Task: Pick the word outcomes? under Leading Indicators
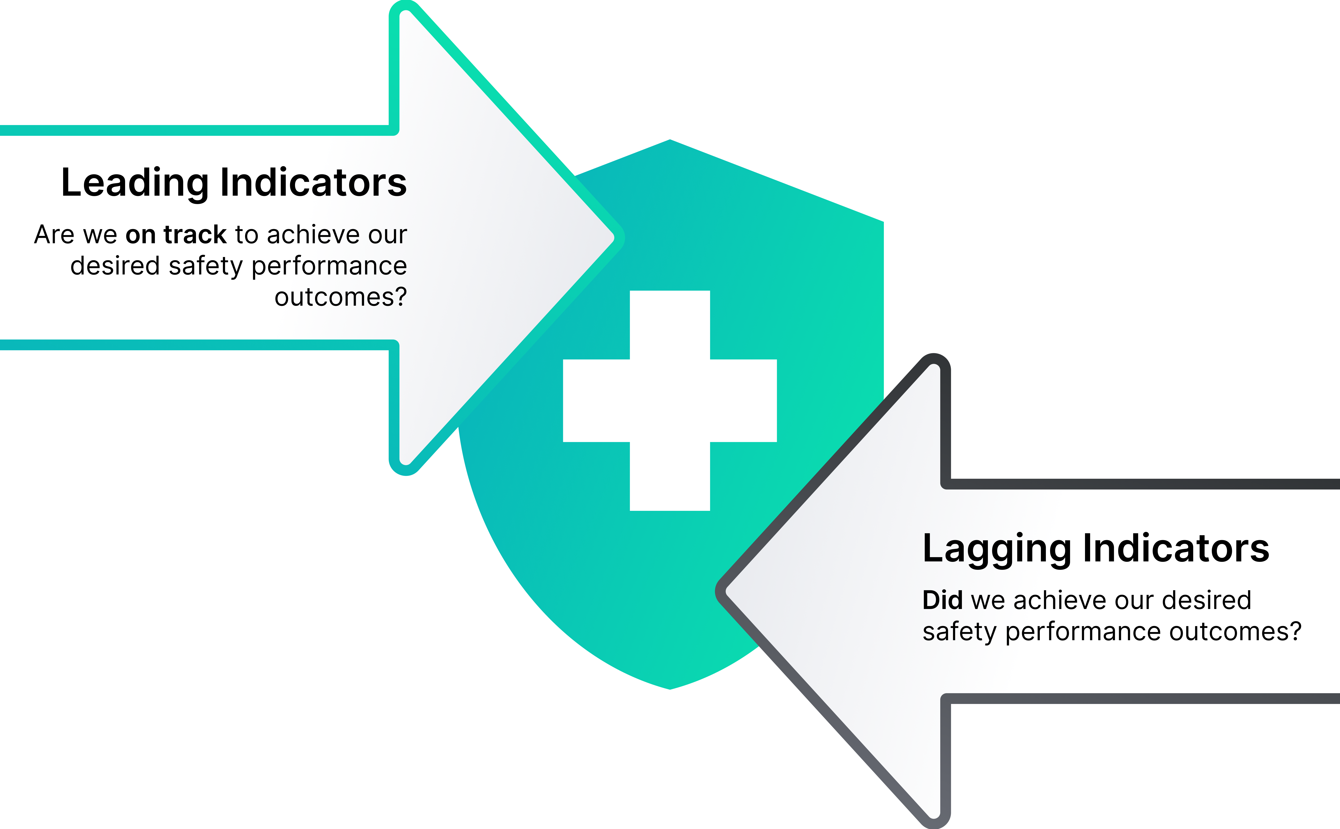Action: (x=341, y=297)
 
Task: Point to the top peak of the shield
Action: (x=670, y=140)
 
